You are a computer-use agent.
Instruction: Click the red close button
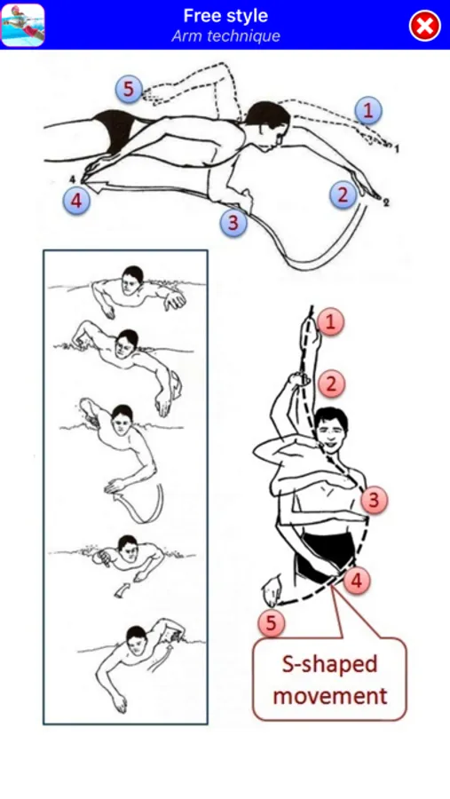[x=425, y=26]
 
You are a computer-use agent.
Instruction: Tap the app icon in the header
[x=23, y=25]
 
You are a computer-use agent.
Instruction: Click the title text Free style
[x=225, y=16]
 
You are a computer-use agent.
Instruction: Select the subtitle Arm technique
[x=225, y=36]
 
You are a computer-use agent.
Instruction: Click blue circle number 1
[x=368, y=111]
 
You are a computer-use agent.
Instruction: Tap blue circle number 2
[x=343, y=194]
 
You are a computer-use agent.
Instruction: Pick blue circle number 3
[x=233, y=223]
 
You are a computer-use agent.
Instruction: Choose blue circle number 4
[x=76, y=201]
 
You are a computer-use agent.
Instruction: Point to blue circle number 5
[x=129, y=89]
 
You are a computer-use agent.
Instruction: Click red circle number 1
[x=331, y=322]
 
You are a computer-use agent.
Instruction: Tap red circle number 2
[x=331, y=384]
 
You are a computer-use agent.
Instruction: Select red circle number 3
[x=374, y=500]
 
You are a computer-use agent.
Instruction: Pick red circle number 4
[x=357, y=580]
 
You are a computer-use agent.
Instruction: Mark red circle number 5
[x=271, y=622]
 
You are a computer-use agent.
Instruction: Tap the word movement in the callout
[x=330, y=695]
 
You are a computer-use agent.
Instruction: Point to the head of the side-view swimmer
[x=269, y=125]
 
